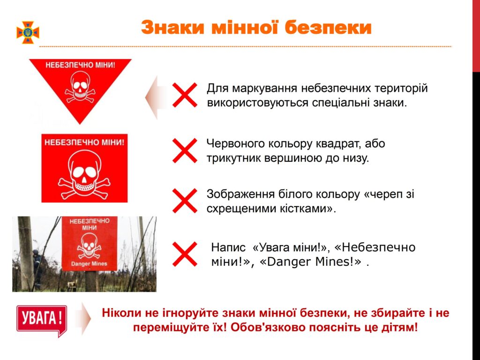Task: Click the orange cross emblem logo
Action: (28, 32)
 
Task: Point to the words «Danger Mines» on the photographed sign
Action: (89, 263)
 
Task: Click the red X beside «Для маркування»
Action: (185, 95)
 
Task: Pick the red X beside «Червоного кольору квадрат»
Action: (185, 150)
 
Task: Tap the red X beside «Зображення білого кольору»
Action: (185, 201)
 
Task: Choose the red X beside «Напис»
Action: (185, 254)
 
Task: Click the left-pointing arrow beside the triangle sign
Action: (156, 97)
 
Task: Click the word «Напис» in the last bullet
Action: (228, 247)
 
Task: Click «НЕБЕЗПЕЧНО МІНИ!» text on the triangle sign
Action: (80, 65)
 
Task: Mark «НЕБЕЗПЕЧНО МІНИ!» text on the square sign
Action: (84, 142)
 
